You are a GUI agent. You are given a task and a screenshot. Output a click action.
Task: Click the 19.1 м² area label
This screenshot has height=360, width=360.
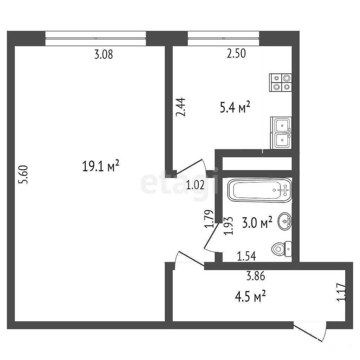coord(100,166)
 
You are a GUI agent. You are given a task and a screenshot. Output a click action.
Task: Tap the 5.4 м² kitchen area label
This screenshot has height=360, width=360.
coord(235,108)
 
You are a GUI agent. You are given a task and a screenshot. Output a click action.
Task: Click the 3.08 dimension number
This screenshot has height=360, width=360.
coord(104,54)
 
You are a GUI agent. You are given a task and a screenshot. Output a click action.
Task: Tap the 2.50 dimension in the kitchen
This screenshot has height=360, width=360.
coord(236,53)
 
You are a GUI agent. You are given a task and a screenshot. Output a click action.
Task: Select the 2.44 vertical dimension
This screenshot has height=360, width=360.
coord(181,107)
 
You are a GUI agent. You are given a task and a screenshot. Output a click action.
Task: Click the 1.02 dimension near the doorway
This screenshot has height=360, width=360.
coord(195,185)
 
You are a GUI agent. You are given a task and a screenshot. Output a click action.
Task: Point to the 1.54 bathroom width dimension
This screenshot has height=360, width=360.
coord(246,256)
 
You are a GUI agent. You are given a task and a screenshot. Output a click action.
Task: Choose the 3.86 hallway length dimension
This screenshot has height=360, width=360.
coord(256,276)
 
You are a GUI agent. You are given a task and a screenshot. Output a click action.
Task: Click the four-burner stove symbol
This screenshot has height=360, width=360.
coord(281,83)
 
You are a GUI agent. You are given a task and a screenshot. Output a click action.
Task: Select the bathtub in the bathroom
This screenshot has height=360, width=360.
coord(259,190)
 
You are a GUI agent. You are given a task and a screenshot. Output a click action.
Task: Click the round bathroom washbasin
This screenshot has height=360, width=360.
coord(285,221)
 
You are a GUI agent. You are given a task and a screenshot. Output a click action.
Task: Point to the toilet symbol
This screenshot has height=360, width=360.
coord(282,249)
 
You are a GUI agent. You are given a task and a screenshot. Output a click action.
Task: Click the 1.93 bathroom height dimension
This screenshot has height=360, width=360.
coord(229,226)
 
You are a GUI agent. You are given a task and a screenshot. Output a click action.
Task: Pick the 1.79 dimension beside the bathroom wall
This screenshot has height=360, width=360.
coord(210,219)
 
